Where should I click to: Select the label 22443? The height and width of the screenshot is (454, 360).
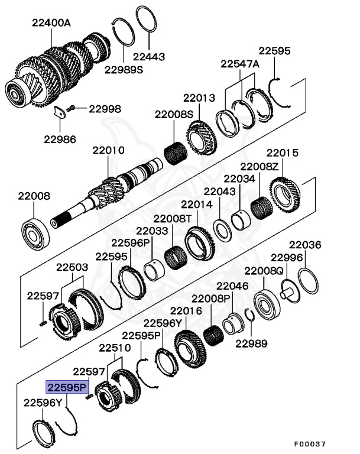pyautogui.click(x=149, y=57)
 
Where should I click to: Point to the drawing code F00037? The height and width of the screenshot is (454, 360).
pyautogui.click(x=310, y=443)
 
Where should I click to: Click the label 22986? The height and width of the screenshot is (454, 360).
pyautogui.click(x=60, y=140)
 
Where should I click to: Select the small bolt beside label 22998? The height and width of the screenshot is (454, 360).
pyautogui.click(x=72, y=109)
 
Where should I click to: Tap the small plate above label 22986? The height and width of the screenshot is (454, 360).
pyautogui.click(x=59, y=113)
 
